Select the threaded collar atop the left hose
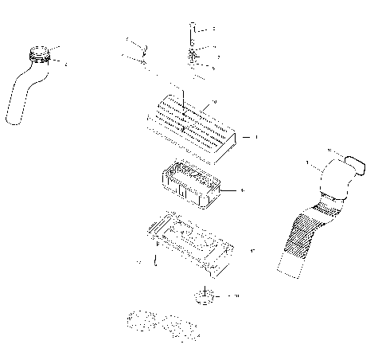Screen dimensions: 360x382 [x=38, y=57]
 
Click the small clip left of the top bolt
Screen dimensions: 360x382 [x=135, y=48]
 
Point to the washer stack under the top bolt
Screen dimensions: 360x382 [x=194, y=59]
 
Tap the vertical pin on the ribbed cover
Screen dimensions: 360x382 [x=183, y=108]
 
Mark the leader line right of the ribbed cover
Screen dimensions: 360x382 [x=249, y=137]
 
